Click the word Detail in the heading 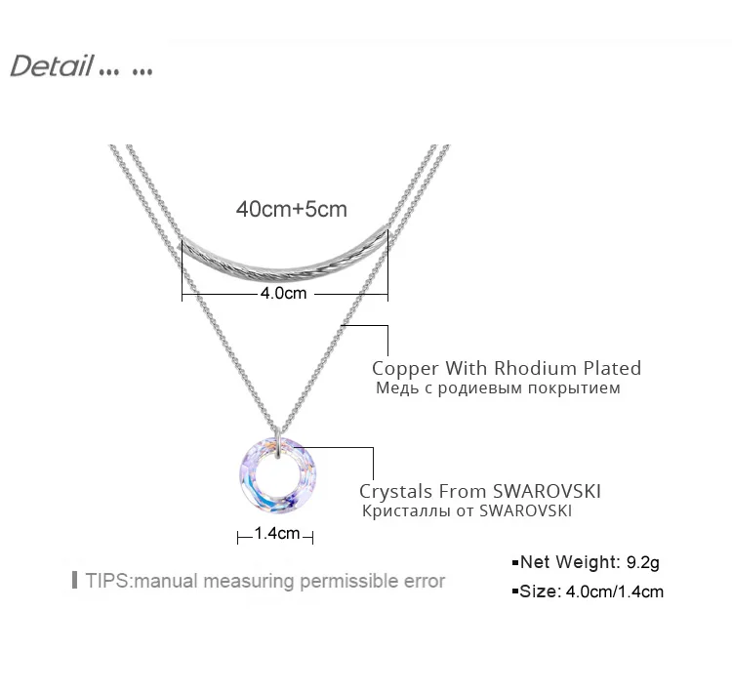pos(52,65)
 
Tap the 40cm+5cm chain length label pos(291,209)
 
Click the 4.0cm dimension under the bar pos(283,293)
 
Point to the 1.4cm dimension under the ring pos(277,533)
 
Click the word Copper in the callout pos(405,368)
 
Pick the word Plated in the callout pos(613,368)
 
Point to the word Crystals pos(396,492)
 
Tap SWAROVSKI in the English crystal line pos(547,491)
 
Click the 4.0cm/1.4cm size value pos(614,591)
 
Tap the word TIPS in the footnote pos(107,581)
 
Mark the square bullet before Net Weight pos(515,563)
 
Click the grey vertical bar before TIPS pos(75,580)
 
